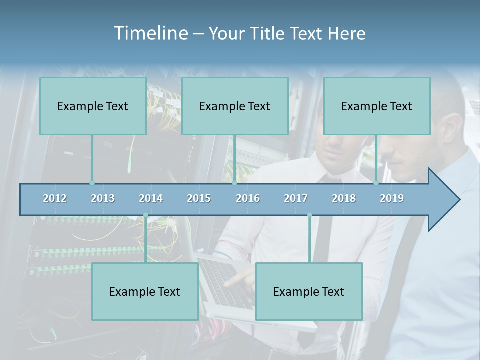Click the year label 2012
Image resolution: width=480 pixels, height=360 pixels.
point(55,198)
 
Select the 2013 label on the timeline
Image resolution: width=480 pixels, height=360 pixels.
point(103,198)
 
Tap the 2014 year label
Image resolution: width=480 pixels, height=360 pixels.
point(151,198)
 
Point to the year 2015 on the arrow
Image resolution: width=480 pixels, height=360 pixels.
point(199,198)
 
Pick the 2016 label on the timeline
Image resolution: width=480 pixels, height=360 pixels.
point(248,198)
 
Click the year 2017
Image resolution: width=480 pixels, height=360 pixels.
point(296,198)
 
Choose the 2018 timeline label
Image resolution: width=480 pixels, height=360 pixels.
point(344,198)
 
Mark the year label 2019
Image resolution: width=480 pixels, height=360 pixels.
point(392,198)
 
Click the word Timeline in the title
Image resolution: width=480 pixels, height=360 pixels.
point(150,33)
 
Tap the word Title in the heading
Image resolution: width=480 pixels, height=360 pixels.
point(270,34)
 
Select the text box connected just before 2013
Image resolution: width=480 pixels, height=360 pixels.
point(93,106)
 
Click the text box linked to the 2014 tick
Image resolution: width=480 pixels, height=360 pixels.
point(145,291)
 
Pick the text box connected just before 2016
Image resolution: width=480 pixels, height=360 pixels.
point(235,106)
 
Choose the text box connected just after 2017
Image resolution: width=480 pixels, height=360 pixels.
point(309,291)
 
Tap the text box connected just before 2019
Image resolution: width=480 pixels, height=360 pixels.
point(377,106)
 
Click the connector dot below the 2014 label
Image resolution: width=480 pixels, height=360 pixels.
point(145,215)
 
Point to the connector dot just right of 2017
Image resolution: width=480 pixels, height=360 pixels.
point(309,215)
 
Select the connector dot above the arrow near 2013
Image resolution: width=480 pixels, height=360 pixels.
point(92,183)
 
